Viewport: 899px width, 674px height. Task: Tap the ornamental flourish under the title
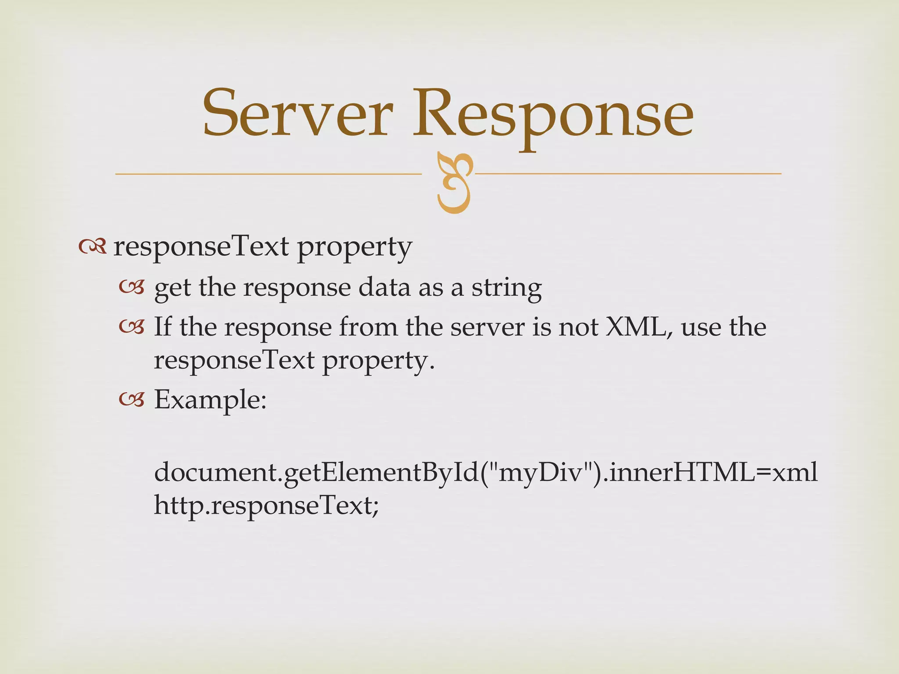pos(455,183)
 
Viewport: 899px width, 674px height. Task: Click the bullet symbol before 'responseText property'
pos(93,248)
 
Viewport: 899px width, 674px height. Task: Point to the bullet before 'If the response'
pos(131,327)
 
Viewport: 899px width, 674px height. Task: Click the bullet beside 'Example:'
pos(131,400)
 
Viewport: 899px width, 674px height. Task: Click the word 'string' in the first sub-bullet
pos(507,288)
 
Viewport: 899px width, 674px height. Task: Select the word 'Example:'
pos(210,400)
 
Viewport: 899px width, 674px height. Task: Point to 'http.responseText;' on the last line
pos(266,505)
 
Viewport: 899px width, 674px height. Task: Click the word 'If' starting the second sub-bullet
pos(162,327)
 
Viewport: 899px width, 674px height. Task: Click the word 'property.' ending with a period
pos(378,361)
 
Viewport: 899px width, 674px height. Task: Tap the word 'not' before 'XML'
pos(577,327)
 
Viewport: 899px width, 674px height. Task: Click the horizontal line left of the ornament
pos(268,174)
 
